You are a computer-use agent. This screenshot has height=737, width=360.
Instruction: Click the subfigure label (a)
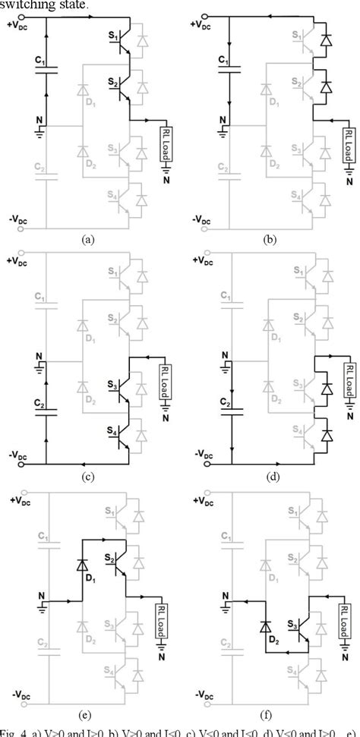point(88,239)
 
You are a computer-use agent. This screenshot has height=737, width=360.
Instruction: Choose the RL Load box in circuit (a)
point(166,144)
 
